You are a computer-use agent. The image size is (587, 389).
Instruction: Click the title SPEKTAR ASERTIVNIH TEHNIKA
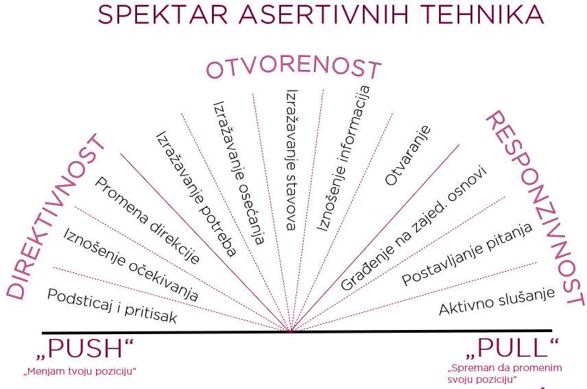pyautogui.click(x=320, y=14)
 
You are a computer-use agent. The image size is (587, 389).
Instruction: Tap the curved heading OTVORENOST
pyautogui.click(x=294, y=67)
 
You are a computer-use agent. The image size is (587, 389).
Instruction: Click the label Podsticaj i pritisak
pyautogui.click(x=112, y=306)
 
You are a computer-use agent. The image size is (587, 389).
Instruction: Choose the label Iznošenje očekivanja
pyautogui.click(x=130, y=265)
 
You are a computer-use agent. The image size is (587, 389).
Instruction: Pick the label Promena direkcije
pyautogui.click(x=147, y=220)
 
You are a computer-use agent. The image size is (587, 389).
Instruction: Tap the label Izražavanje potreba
pyautogui.click(x=196, y=194)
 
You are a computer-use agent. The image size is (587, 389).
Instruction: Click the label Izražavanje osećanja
pyautogui.click(x=239, y=173)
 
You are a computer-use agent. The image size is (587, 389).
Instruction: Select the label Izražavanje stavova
pyautogui.click(x=291, y=160)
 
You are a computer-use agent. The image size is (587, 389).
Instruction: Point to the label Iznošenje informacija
pyautogui.click(x=344, y=158)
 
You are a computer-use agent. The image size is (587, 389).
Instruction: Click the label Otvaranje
pyautogui.click(x=408, y=155)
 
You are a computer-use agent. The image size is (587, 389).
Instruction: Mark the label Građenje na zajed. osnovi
pyautogui.click(x=414, y=228)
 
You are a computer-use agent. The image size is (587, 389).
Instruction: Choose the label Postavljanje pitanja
pyautogui.click(x=467, y=254)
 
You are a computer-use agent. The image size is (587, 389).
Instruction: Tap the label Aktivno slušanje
pyautogui.click(x=496, y=301)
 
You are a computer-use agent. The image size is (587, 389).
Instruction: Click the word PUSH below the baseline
pyautogui.click(x=85, y=349)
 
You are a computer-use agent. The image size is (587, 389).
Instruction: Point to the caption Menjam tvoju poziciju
pyautogui.click(x=80, y=371)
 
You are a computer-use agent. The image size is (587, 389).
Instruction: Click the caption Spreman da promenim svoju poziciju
pyautogui.click(x=505, y=373)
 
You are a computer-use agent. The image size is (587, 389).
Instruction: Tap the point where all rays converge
pyautogui.click(x=291, y=331)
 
